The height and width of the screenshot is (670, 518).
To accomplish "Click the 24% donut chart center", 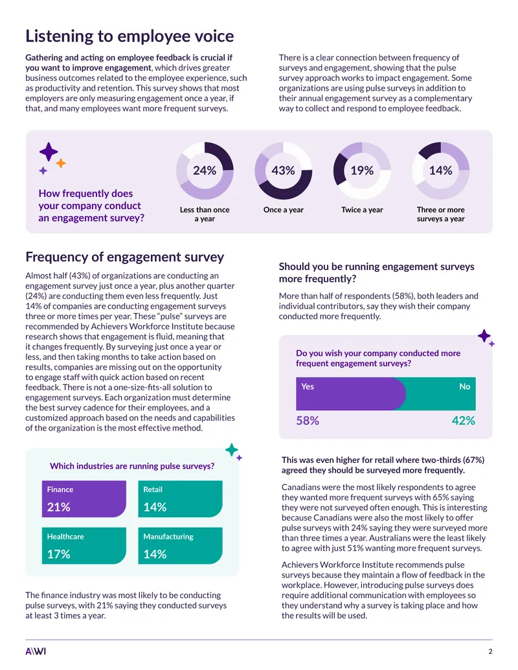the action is coord(205,170).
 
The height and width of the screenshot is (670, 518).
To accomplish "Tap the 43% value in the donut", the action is coord(284,170).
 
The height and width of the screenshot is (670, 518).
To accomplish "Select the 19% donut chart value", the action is coord(362,170).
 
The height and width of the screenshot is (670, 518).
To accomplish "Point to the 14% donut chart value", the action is coord(441,170).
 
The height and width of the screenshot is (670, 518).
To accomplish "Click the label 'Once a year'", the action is coord(284,210).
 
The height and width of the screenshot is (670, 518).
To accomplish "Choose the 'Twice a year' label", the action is coord(362,210).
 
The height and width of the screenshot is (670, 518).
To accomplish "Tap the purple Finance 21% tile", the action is coord(84,498).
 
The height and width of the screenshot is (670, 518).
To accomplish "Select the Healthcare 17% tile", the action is coord(84,546).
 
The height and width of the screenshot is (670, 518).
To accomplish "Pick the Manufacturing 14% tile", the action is coord(181,546).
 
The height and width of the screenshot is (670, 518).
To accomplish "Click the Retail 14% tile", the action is coord(181,498).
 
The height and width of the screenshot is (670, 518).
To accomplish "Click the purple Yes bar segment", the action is coord(350,394).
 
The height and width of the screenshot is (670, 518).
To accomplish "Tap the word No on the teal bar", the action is coord(464,386).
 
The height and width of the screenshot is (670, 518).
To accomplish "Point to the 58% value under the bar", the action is coord(308,421).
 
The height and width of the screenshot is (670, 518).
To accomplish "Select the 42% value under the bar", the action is coord(464,421).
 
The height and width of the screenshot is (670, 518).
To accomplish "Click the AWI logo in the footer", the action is coord(36,651).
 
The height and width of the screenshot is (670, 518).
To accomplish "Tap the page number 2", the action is coord(490,651).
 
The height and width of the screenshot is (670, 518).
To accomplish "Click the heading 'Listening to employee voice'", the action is coord(129,36).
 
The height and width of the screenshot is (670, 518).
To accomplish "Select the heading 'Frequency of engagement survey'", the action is coord(125,257).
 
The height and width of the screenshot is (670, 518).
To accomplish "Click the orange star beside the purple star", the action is coord(61,162).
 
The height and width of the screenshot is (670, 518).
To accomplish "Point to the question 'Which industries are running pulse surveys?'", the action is coord(132,466).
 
